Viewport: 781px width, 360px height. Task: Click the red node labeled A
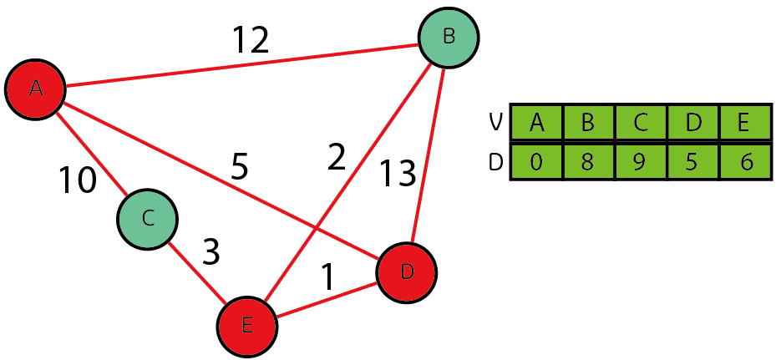[x=35, y=89]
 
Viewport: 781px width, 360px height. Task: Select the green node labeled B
[x=449, y=38]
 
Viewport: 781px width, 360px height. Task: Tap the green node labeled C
[x=147, y=219]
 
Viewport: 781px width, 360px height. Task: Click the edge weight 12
[x=250, y=40]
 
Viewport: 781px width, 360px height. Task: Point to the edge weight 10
[x=78, y=180]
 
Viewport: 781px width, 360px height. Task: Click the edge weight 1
[x=328, y=278]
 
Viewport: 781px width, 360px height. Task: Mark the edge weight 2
[x=336, y=157]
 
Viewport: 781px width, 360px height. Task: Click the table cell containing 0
[x=536, y=161]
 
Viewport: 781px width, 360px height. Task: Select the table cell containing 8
[x=587, y=161]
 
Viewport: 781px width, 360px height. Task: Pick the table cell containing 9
[x=640, y=161]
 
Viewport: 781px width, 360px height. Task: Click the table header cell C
[x=640, y=123]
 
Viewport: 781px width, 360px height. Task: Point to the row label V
[x=495, y=123]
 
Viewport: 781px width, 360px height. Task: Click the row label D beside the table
[x=495, y=161]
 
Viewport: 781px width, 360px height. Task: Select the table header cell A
[x=536, y=123]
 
